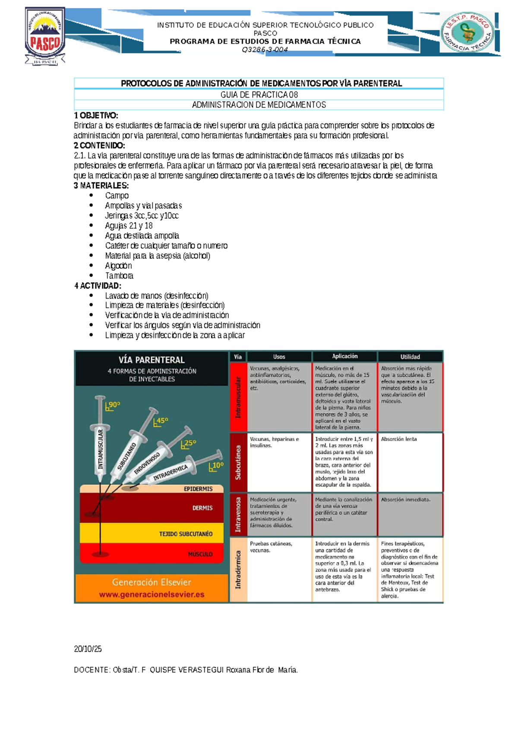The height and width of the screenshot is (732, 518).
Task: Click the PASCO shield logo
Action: click(x=45, y=36)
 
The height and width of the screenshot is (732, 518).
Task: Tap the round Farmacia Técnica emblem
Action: click(x=467, y=32)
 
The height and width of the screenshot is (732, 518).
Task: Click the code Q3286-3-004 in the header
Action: click(x=265, y=50)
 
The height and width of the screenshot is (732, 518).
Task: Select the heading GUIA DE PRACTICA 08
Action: click(x=259, y=95)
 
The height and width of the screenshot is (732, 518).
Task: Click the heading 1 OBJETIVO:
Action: click(x=96, y=115)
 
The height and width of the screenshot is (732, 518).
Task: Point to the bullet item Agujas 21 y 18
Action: click(x=129, y=226)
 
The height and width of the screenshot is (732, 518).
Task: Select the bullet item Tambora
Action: click(x=119, y=276)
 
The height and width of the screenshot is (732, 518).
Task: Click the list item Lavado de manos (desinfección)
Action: click(x=157, y=296)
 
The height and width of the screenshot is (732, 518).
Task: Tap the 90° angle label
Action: click(x=114, y=405)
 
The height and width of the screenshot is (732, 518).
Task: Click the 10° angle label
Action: click(x=217, y=465)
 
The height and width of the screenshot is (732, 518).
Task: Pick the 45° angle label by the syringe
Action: click(x=161, y=421)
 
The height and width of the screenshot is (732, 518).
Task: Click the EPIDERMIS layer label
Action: click(x=198, y=489)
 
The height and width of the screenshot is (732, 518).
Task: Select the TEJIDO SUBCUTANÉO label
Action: click(x=186, y=534)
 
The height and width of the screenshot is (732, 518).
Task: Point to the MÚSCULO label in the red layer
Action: click(x=200, y=554)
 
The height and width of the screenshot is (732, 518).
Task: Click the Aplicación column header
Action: click(x=344, y=357)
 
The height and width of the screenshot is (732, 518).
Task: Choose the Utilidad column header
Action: click(x=410, y=357)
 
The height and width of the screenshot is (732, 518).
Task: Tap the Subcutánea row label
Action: click(x=238, y=463)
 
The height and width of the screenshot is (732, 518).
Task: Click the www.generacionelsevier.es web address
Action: click(x=152, y=594)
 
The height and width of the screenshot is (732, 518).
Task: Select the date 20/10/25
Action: click(x=88, y=649)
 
